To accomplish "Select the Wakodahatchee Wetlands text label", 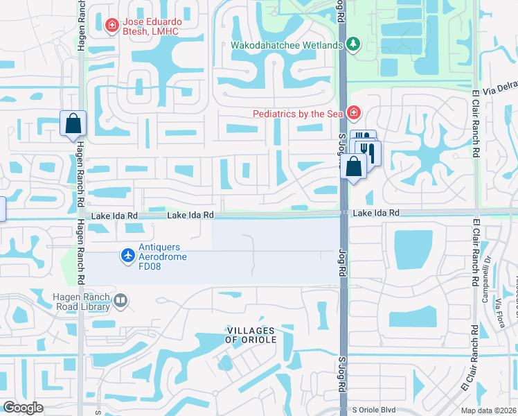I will (x=287, y=46).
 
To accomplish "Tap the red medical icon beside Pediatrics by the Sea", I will (x=354, y=112).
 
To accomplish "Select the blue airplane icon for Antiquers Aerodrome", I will (x=127, y=257).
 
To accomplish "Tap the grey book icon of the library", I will (x=121, y=301).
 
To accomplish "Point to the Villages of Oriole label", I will (x=250, y=335).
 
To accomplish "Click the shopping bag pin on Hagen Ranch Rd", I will (x=73, y=125).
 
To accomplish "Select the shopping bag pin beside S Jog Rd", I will (x=354, y=166).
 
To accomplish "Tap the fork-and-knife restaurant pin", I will (x=368, y=152).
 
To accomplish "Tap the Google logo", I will (x=23, y=408).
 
